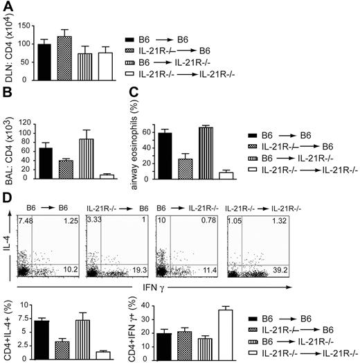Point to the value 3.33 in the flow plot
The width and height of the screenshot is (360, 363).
pyautogui.click(x=94, y=220)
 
